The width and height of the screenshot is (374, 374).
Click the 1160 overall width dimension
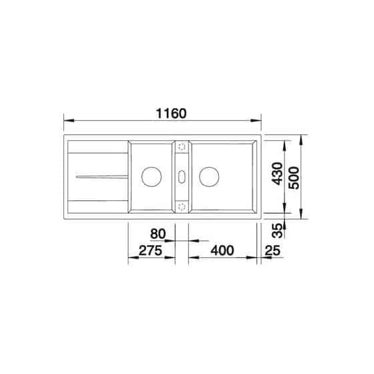pos(171,114)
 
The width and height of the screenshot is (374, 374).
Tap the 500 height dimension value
pos(294,178)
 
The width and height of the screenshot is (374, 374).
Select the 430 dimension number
pos(277,174)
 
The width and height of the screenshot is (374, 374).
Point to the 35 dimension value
pos(277,231)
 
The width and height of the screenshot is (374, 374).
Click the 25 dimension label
pos(272,250)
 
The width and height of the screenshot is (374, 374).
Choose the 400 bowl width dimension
pos(222,250)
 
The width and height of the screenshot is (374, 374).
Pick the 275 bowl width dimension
pos(150,250)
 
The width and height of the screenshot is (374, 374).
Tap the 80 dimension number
pos(158,234)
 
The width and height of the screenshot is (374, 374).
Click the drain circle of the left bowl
pos(152,177)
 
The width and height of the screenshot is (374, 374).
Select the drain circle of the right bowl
pos(209,177)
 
